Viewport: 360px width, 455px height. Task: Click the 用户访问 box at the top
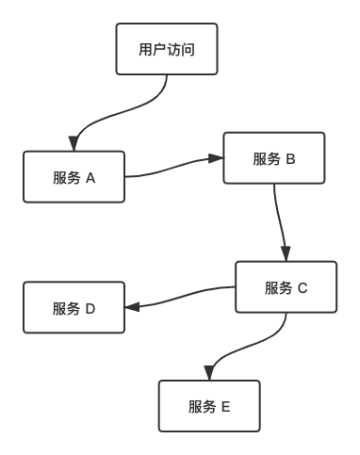tap(167, 49)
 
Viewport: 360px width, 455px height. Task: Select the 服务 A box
tap(74, 177)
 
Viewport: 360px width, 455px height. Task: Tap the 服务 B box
tap(274, 158)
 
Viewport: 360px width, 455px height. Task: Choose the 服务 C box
tap(286, 287)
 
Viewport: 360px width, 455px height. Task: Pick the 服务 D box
tap(74, 307)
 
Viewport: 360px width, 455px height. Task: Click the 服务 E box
tap(209, 406)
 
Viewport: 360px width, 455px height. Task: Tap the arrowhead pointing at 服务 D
tap(131, 307)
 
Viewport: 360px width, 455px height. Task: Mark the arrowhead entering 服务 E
tap(209, 374)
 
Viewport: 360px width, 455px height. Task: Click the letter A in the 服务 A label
tap(90, 177)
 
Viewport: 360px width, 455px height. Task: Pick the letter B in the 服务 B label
tap(290, 158)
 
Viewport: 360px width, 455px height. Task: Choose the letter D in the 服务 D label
tap(90, 307)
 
